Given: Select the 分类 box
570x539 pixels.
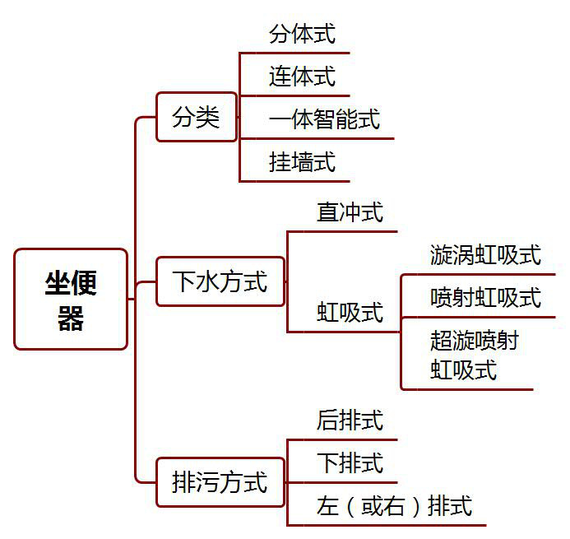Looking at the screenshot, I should pyautogui.click(x=197, y=117).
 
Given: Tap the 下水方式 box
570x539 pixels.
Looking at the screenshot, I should pyautogui.click(x=220, y=282).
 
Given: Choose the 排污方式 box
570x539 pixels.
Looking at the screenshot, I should pyautogui.click(x=220, y=482).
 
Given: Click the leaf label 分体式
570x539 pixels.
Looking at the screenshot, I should pyautogui.click(x=302, y=35).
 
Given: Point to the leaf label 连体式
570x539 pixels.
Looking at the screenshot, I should pyautogui.click(x=302, y=77).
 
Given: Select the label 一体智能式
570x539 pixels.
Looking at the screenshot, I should pyautogui.click(x=324, y=119).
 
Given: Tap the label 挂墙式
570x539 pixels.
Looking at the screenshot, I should pyautogui.click(x=302, y=161).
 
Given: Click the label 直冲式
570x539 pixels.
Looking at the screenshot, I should pyautogui.click(x=350, y=212).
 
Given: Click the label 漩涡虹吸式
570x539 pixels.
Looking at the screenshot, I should pyautogui.click(x=485, y=255).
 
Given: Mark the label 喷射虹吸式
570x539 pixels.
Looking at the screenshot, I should pyautogui.click(x=485, y=297).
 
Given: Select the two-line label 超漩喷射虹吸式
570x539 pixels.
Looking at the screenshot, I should pyautogui.click(x=474, y=355).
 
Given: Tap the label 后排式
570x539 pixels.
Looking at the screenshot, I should pyautogui.click(x=350, y=421).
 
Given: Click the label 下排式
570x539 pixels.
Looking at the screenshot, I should pyautogui.click(x=350, y=463).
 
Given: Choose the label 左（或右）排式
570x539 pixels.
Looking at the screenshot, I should pyautogui.click(x=394, y=505).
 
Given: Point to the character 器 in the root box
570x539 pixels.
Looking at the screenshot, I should pyautogui.click(x=71, y=318).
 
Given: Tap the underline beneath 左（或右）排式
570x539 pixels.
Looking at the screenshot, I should pyautogui.click(x=387, y=525).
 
